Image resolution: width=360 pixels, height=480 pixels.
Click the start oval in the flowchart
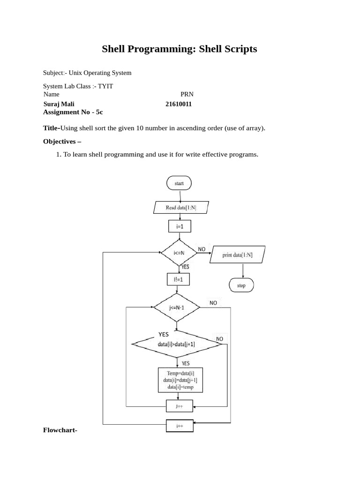pyautogui.click(x=179, y=183)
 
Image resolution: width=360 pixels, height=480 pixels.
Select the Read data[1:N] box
pyautogui.click(x=179, y=207)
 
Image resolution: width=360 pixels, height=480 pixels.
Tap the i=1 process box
pyautogui.click(x=179, y=227)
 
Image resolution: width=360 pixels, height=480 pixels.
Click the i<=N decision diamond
pyautogui.click(x=179, y=254)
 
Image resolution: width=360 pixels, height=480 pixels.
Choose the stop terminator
pyautogui.click(x=241, y=285)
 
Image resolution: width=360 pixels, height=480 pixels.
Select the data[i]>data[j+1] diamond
pyautogui.click(x=177, y=345)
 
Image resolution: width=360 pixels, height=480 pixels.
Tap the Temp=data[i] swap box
pyautogui.click(x=180, y=381)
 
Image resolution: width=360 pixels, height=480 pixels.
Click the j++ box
pyautogui.click(x=180, y=406)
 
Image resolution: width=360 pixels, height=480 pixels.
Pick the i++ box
pyautogui.click(x=180, y=426)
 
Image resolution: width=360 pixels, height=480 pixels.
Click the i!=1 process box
pyautogui.click(x=178, y=279)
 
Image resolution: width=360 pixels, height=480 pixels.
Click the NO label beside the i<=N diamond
pyautogui.click(x=202, y=249)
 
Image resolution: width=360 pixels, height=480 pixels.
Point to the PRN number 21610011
pyautogui.click(x=179, y=104)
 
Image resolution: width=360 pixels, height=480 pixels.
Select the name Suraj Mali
pyautogui.click(x=59, y=104)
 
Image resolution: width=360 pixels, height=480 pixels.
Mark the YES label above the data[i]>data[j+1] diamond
pyautogui.click(x=163, y=334)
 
